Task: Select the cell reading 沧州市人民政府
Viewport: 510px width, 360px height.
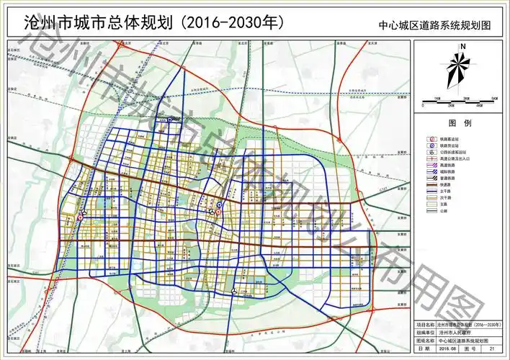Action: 456,333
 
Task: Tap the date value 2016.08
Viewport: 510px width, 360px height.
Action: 449,349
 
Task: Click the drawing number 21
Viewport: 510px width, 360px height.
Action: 493,349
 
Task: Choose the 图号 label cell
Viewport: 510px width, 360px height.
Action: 473,349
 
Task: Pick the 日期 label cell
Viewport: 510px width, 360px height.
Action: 426,349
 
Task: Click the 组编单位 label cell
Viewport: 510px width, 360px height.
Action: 426,333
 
